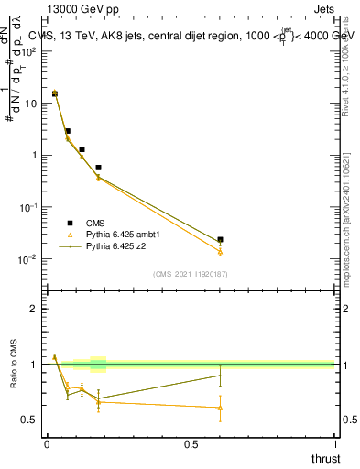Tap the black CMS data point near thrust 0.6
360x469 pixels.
pyautogui.click(x=220, y=240)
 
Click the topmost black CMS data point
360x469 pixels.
pyautogui.click(x=55, y=93)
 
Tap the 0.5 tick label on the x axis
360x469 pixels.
pyautogui.click(x=191, y=444)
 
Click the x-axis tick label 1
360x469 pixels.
pyautogui.click(x=333, y=444)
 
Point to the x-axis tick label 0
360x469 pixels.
pyautogui.click(x=47, y=444)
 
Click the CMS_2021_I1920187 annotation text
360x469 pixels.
pyautogui.click(x=190, y=273)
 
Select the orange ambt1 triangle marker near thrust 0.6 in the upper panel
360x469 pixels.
pyautogui.click(x=220, y=252)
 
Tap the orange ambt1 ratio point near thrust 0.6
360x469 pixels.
pyautogui.click(x=220, y=408)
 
